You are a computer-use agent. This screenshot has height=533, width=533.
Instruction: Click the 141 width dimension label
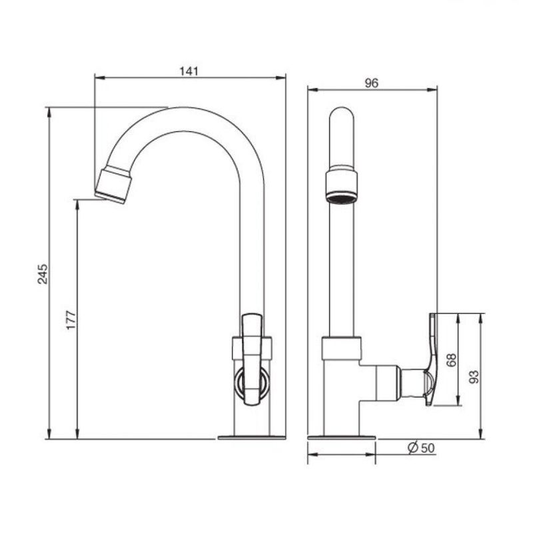[189, 71]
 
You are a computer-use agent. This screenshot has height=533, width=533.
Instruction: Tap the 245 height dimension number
[43, 274]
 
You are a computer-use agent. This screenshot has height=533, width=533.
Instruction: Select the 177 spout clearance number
[71, 320]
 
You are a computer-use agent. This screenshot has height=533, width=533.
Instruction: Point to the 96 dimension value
[371, 83]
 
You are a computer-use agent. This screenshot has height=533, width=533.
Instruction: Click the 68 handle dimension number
[452, 360]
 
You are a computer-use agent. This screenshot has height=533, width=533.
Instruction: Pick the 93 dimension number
[474, 376]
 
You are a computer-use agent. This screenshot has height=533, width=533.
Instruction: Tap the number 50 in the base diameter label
[428, 448]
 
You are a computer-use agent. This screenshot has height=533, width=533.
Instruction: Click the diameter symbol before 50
[412, 448]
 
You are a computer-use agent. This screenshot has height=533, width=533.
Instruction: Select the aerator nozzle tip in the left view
[113, 187]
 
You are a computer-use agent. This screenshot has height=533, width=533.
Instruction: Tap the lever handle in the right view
[431, 360]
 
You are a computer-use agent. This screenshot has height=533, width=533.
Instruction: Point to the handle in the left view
[252, 360]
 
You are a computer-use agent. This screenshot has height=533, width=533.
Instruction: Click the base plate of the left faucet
[252, 438]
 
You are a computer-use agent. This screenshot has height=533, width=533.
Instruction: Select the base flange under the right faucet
[342, 438]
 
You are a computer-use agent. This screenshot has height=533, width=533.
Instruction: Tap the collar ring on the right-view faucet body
[341, 348]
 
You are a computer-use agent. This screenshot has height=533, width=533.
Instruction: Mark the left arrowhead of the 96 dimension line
[312, 90]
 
